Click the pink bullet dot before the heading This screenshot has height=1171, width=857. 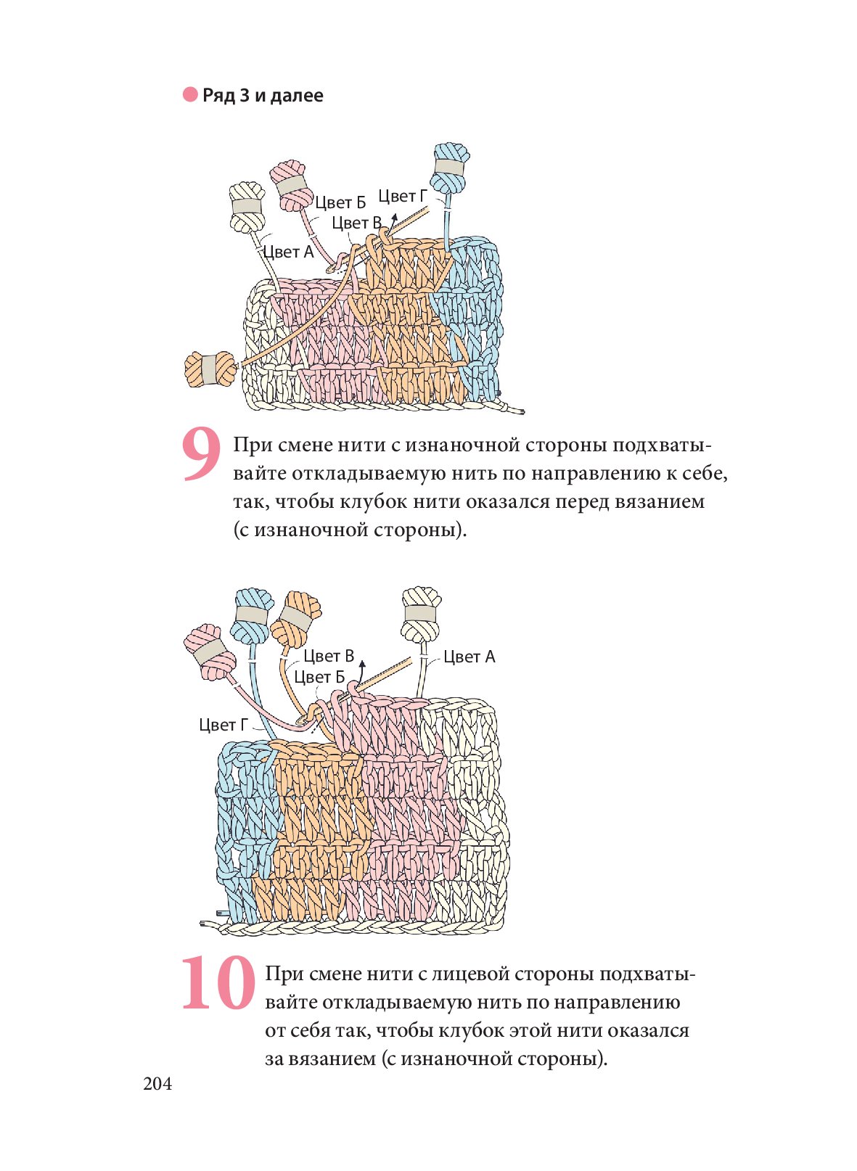click(190, 95)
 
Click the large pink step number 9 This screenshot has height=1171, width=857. click(201, 455)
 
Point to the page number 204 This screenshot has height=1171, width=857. click(157, 1084)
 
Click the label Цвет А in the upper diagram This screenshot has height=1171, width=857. click(288, 252)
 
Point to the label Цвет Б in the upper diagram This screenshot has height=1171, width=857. click(340, 202)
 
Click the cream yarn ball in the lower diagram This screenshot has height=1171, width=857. click(421, 615)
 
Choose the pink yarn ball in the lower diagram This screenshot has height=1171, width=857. click(210, 652)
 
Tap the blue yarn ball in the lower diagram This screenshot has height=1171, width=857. click(252, 615)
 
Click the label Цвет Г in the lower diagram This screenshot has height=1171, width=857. click(224, 724)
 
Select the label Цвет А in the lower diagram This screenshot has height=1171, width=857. click(469, 657)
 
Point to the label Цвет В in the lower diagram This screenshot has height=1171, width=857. click(329, 656)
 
